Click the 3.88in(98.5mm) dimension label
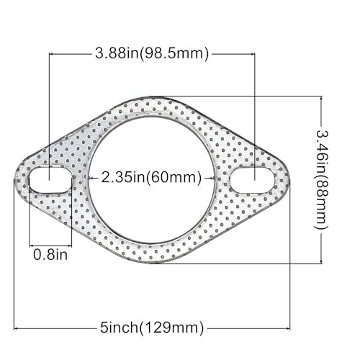coord(151,53)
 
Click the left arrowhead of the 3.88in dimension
coord(51,53)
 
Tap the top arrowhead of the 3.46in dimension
coord(321,99)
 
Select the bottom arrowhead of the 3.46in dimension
coord(321,261)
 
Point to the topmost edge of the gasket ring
coord(153,97)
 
